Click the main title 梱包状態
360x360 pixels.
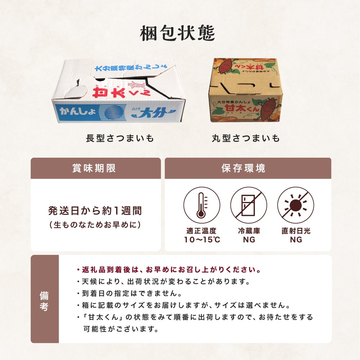177,33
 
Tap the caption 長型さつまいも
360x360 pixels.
120,139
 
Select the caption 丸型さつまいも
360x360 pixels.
246,139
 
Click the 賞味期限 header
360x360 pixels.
94,168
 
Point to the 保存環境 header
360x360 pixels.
243,168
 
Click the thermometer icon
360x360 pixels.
202,205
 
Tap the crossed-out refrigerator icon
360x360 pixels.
249,205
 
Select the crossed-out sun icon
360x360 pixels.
296,205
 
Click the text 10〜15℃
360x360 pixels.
202,240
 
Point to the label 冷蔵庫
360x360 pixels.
249,231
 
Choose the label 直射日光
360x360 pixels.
296,231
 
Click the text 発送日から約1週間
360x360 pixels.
95,211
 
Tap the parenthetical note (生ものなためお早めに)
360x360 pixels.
95,225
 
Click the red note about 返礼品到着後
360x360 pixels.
169,270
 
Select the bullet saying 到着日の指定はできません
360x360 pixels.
130,293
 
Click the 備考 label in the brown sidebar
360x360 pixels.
44,301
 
